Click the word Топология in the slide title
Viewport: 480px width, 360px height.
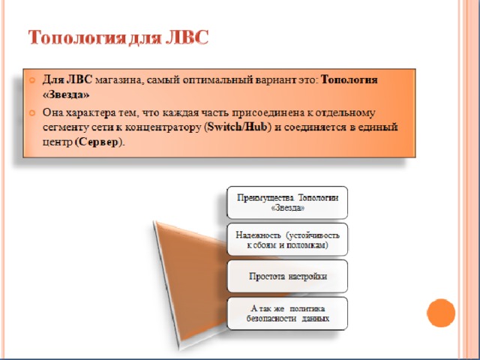77,38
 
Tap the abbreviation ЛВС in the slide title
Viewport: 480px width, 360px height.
187,37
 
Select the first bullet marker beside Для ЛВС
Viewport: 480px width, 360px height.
31,80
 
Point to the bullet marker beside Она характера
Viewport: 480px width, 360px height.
31,113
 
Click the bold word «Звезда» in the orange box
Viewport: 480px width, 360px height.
66,95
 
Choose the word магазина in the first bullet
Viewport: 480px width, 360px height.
118,80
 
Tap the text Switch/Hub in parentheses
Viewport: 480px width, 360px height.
238,127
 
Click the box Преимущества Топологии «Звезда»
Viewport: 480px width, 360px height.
287,202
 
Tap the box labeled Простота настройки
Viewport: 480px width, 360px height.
287,276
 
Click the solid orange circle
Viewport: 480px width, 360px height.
441,313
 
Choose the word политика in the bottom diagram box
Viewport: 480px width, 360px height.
307,309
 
